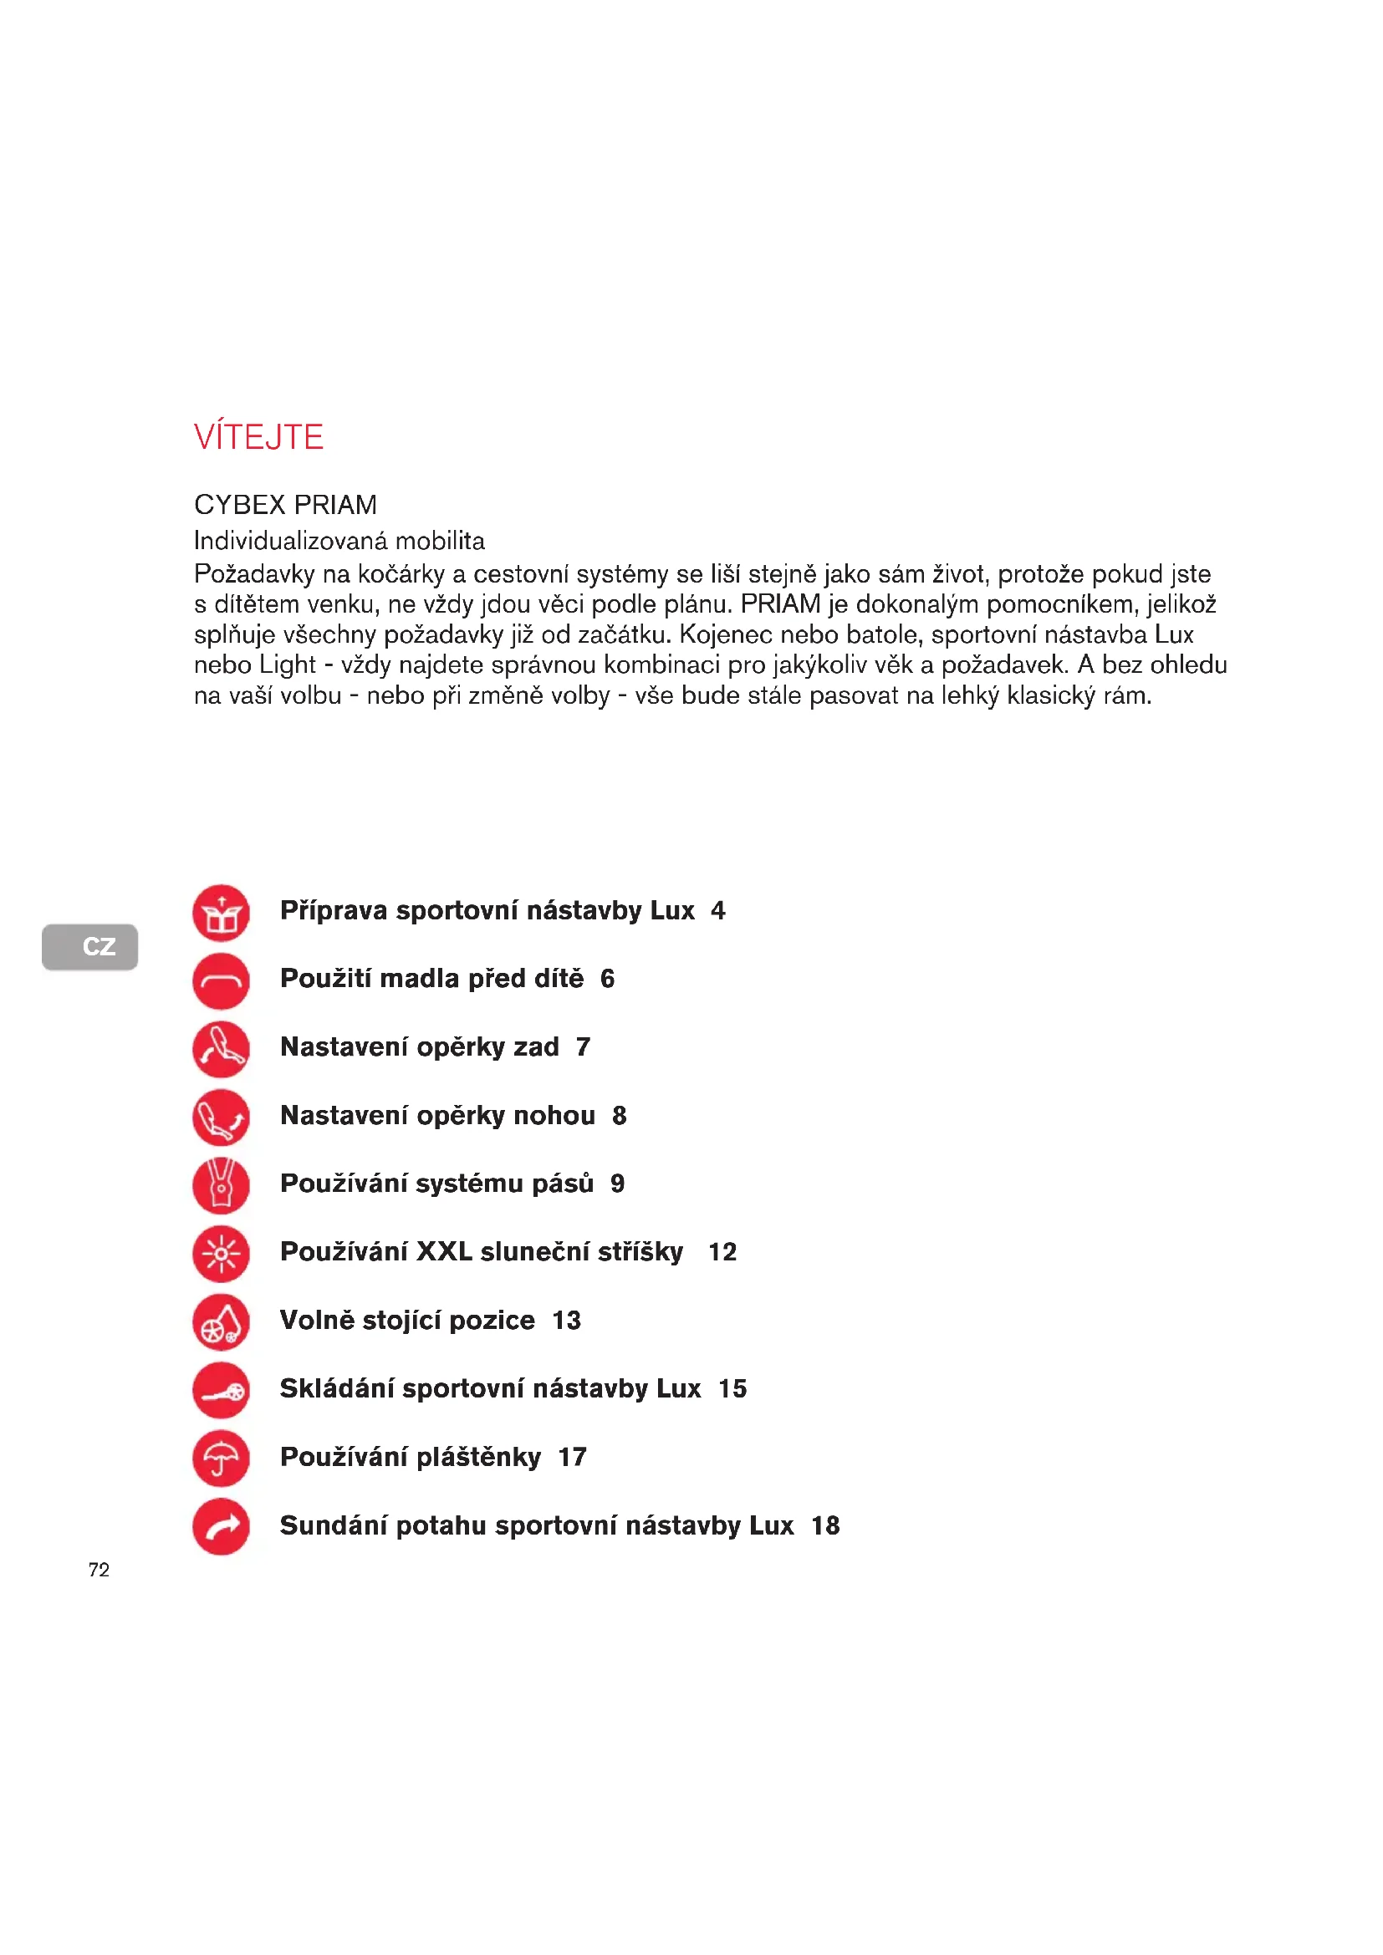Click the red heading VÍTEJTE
point(258,437)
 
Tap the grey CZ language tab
point(90,946)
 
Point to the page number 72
point(99,1570)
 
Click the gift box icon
point(222,913)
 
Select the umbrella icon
point(222,1459)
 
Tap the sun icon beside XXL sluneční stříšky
point(222,1254)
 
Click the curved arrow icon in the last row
point(222,1527)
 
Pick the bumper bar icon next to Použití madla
point(222,981)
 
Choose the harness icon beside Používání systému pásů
point(222,1185)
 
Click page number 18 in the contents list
point(825,1526)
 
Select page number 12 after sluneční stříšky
point(722,1252)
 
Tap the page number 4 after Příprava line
point(718,911)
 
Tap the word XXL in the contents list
point(444,1252)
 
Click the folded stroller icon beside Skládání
point(222,1391)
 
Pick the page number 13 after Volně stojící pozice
point(566,1321)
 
